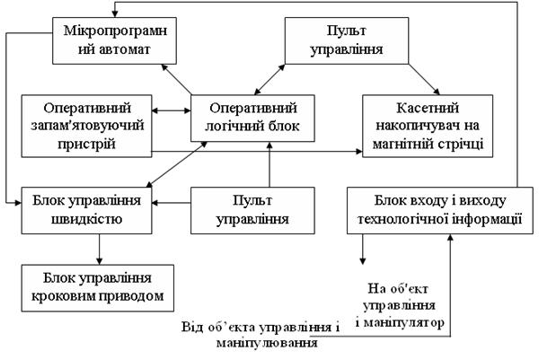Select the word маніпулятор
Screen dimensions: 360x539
pos(406,320)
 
